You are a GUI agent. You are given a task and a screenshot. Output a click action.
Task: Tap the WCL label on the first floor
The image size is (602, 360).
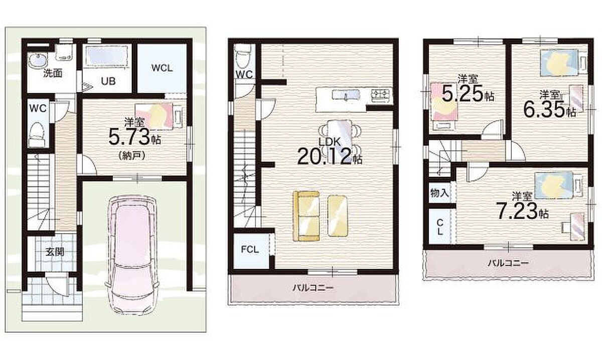162,68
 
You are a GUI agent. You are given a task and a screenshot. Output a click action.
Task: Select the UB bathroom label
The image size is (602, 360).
108,81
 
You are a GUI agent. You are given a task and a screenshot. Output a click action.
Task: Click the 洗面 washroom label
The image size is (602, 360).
53,73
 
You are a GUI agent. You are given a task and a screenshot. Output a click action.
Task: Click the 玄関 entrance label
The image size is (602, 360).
55,252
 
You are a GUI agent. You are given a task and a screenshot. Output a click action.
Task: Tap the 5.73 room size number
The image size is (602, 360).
129,136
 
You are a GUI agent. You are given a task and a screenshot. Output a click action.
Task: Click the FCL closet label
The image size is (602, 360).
250,250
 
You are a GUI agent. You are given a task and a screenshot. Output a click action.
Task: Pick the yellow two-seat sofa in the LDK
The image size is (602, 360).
307,216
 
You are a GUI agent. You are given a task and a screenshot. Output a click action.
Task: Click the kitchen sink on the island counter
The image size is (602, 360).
346,95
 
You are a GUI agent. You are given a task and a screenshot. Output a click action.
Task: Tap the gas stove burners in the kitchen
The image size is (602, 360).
381,94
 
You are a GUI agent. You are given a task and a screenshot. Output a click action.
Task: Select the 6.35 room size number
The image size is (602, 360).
544,109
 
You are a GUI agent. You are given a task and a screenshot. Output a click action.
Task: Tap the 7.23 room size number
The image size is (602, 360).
516,211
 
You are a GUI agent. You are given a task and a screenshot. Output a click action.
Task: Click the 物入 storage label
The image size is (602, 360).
439,193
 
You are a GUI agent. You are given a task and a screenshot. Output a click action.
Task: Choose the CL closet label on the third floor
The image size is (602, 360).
440,227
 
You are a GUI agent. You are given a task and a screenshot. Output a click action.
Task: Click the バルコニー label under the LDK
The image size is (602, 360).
314,288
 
